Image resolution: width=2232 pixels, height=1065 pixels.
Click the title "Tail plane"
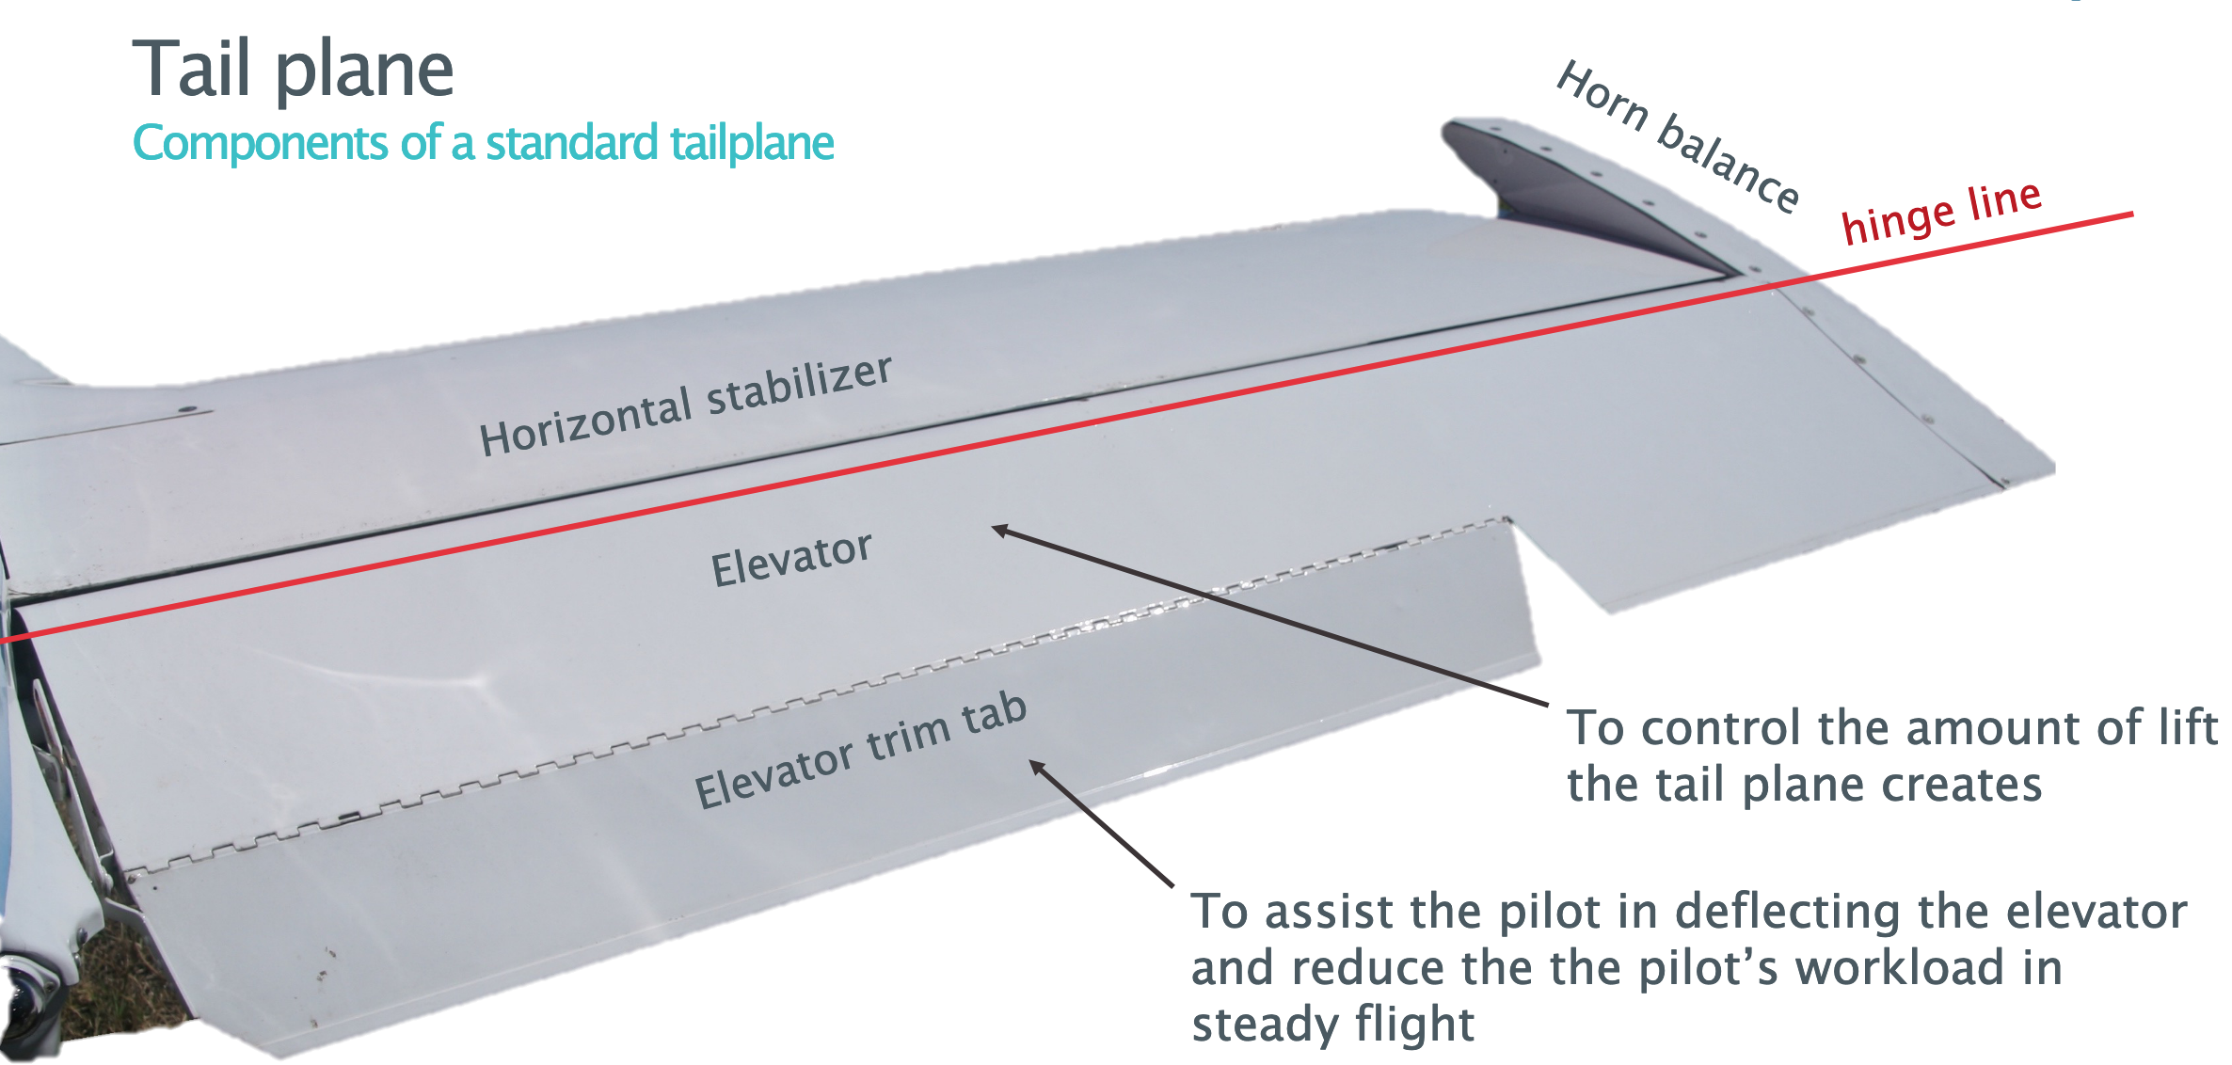293,70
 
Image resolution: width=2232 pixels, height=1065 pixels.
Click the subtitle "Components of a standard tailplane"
483,143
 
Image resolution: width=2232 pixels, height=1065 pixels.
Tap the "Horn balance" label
1678,135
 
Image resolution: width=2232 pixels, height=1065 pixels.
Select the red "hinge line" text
1941,211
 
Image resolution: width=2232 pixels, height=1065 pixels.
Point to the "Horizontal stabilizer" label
685,405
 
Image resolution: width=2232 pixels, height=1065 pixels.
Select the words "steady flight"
1332,1024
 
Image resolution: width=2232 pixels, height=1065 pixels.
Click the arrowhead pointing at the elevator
1000,530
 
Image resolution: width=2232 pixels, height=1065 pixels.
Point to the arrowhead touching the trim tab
1038,768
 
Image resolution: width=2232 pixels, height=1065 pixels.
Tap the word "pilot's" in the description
1708,968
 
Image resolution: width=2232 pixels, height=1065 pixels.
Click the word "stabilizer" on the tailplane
799,385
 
